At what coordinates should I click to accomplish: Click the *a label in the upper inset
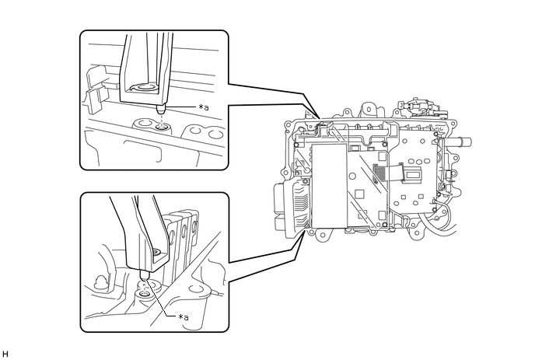click(x=204, y=107)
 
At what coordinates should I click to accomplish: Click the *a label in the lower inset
click(x=184, y=317)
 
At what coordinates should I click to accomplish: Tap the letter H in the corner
click(x=5, y=355)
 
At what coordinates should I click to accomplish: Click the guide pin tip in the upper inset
click(x=161, y=110)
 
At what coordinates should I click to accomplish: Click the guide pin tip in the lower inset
click(x=145, y=274)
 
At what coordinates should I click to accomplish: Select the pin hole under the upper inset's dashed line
click(x=162, y=128)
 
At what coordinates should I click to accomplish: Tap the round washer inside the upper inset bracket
click(x=145, y=86)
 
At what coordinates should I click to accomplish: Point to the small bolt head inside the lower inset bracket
click(x=157, y=253)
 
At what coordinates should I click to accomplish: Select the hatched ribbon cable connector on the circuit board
click(x=377, y=174)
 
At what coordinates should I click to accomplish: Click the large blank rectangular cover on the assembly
click(x=330, y=186)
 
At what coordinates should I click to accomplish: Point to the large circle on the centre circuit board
click(x=353, y=177)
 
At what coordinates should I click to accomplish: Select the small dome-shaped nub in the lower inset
click(x=101, y=281)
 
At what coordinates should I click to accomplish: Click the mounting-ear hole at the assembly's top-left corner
click(x=288, y=125)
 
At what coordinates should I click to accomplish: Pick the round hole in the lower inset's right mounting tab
click(x=195, y=290)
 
